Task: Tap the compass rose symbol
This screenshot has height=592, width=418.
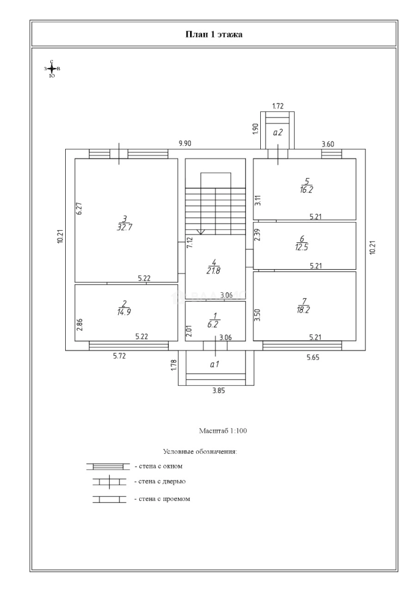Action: (x=51, y=69)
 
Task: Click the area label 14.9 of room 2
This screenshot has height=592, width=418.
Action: (x=124, y=312)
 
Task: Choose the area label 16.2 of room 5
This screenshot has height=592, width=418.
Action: (x=306, y=190)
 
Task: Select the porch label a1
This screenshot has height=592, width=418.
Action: (x=215, y=363)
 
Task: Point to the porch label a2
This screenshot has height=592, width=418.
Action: (x=277, y=132)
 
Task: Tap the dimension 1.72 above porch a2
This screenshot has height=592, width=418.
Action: (x=278, y=106)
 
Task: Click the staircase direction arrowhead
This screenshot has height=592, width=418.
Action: (x=201, y=231)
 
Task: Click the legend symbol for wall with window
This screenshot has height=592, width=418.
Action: (x=107, y=466)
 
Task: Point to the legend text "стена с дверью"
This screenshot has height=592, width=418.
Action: (x=161, y=481)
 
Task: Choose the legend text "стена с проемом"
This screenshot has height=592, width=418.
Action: (x=162, y=499)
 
